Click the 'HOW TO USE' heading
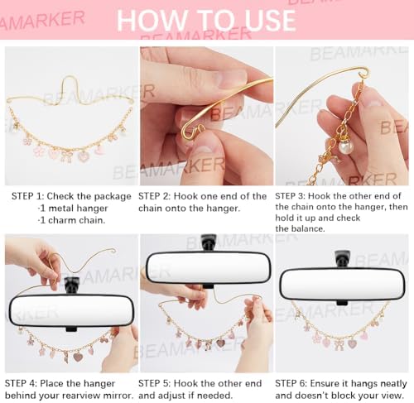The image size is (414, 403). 206,20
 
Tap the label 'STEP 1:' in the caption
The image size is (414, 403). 27,196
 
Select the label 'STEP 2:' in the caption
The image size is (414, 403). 154,196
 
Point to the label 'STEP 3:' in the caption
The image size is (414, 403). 290,196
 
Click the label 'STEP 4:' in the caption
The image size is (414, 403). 21,383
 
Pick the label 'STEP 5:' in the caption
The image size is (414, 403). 154,383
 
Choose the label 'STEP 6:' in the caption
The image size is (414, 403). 291,383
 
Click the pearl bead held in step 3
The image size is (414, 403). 346,146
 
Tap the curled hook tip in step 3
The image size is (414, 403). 364,74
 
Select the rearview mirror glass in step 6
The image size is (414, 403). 342,285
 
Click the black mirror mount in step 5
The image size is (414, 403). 209,242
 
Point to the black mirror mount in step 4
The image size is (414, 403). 72,285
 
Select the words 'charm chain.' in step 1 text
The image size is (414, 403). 76,220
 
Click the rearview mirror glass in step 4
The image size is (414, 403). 71,310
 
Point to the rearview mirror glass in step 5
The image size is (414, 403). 208,267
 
